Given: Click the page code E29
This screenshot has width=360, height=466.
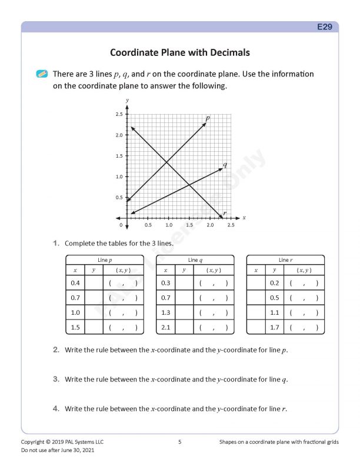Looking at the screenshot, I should point(325,27).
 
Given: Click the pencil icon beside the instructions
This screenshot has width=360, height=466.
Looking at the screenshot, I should point(42,74).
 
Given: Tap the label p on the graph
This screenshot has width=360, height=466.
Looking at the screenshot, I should point(208,118).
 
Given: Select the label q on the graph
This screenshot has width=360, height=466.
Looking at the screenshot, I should point(225,164).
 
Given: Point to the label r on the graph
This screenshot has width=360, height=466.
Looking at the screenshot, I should point(225,212).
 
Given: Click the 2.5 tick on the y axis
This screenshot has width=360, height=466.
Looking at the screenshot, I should point(119,114).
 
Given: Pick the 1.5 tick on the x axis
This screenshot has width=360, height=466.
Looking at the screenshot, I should point(189,225).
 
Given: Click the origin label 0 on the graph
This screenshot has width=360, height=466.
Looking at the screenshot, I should point(121,225).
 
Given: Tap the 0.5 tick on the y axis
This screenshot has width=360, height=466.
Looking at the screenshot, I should point(119,198).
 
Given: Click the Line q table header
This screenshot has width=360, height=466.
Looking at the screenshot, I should point(194,259).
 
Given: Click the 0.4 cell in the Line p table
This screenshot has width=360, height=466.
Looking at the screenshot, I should point(75,283).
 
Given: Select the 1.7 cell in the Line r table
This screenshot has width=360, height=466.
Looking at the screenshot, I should point(274,327).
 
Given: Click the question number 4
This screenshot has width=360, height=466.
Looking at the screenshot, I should point(56,408).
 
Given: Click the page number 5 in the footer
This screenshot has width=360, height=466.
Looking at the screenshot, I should point(179,441).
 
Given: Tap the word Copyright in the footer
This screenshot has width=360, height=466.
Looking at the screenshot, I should point(34,441).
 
